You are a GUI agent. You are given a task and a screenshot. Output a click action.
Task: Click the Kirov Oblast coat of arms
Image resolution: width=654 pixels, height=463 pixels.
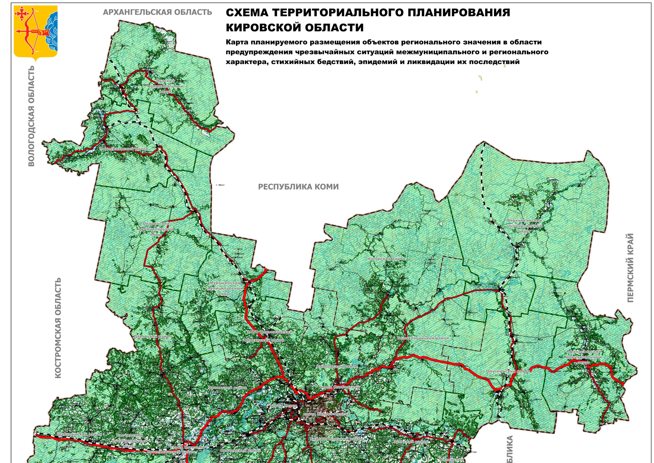35,33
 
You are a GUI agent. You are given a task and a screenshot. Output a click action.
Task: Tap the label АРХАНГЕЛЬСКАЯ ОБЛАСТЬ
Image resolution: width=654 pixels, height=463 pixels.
157,12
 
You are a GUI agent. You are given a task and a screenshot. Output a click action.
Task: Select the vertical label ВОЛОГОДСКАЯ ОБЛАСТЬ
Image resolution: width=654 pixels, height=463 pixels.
31,116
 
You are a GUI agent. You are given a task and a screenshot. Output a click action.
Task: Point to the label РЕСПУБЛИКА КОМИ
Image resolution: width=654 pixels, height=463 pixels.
298,187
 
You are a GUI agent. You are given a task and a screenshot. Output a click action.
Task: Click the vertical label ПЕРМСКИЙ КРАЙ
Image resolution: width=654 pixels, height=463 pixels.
630,267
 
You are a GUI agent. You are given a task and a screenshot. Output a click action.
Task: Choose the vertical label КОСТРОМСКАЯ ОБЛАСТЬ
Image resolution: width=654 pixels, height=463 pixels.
58,328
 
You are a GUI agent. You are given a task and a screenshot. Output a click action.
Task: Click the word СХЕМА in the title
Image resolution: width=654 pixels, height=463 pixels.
247,13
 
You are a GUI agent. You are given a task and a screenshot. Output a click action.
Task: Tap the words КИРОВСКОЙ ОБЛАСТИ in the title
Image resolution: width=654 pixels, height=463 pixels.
295,28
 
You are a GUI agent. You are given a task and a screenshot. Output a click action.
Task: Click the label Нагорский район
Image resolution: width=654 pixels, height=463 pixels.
386,259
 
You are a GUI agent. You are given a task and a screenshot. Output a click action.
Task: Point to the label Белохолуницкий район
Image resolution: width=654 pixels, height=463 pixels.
423,338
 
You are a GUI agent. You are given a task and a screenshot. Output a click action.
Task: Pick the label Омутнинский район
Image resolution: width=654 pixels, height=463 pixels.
508,371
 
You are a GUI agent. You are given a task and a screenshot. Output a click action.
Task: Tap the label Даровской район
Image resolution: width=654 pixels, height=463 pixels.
153,336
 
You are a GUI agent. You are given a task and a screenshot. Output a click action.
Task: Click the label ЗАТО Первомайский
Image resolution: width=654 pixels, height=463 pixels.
270,332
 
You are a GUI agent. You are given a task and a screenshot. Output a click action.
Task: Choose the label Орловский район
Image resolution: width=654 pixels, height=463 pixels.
228,387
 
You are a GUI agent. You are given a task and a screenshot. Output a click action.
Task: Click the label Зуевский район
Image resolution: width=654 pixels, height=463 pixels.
411,441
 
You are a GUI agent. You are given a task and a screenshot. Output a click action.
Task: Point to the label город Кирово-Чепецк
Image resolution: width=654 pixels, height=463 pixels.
327,414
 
